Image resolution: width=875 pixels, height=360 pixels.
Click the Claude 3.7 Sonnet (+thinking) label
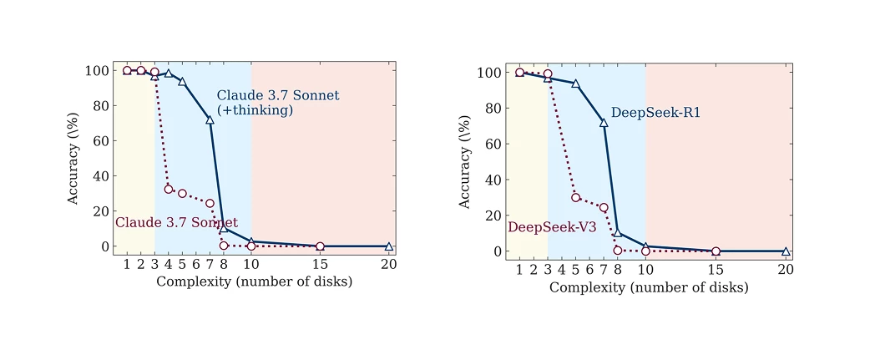(277, 103)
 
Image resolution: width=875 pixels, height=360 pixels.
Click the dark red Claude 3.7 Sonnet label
(176, 223)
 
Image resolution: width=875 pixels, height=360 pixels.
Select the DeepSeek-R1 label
(655, 113)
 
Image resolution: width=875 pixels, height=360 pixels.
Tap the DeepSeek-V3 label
(552, 227)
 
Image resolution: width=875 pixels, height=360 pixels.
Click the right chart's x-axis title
(649, 287)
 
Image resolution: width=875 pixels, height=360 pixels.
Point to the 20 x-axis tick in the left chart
(388, 265)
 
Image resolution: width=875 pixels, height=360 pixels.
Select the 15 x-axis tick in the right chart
(716, 270)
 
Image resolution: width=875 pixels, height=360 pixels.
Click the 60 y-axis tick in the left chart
(99, 141)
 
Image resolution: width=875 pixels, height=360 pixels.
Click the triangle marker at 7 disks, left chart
(210, 120)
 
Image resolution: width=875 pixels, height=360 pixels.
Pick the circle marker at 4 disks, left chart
(169, 190)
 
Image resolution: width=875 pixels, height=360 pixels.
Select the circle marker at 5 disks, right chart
(575, 197)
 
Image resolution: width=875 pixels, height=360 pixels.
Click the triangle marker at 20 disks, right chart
(786, 251)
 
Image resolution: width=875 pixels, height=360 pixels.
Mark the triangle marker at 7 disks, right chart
(604, 123)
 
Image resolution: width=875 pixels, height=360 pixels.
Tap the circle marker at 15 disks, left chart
(320, 246)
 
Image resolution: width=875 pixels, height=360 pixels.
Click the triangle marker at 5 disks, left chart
(182, 82)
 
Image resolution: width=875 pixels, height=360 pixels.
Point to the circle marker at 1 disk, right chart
(519, 72)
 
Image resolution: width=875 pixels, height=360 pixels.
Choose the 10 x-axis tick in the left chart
(250, 265)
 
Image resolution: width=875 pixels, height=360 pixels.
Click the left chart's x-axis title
(254, 281)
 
